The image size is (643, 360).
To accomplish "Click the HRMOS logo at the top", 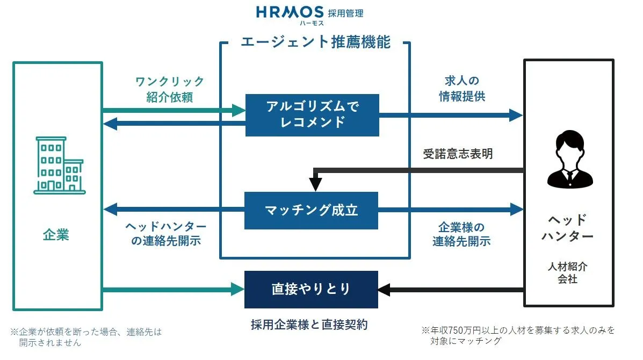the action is click(310, 15).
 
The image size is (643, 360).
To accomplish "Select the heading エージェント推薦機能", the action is click(315, 42).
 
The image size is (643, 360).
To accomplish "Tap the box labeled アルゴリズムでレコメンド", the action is click(312, 115).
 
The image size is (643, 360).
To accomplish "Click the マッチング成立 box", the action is click(311, 210).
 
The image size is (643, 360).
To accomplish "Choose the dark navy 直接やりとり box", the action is click(311, 289).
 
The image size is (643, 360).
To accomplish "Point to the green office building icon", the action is click(60, 165).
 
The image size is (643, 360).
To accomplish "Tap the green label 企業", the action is click(56, 235).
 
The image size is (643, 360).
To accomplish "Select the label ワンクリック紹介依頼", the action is click(170, 89).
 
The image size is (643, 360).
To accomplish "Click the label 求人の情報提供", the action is click(462, 88).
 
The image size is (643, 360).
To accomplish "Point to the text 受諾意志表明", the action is click(458, 154).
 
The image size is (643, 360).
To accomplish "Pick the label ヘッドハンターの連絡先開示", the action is click(166, 233).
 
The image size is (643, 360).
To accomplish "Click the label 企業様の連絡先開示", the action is click(461, 234).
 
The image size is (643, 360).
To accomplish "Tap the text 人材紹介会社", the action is click(568, 272).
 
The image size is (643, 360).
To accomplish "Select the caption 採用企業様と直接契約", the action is click(309, 325).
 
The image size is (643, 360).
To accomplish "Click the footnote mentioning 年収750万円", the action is click(518, 335).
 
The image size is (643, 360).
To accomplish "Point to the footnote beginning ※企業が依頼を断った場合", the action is click(86, 337).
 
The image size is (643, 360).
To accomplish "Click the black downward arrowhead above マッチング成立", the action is click(315, 184).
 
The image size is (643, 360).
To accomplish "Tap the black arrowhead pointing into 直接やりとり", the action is click(384, 290).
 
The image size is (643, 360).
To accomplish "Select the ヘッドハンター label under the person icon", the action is click(568, 228).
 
